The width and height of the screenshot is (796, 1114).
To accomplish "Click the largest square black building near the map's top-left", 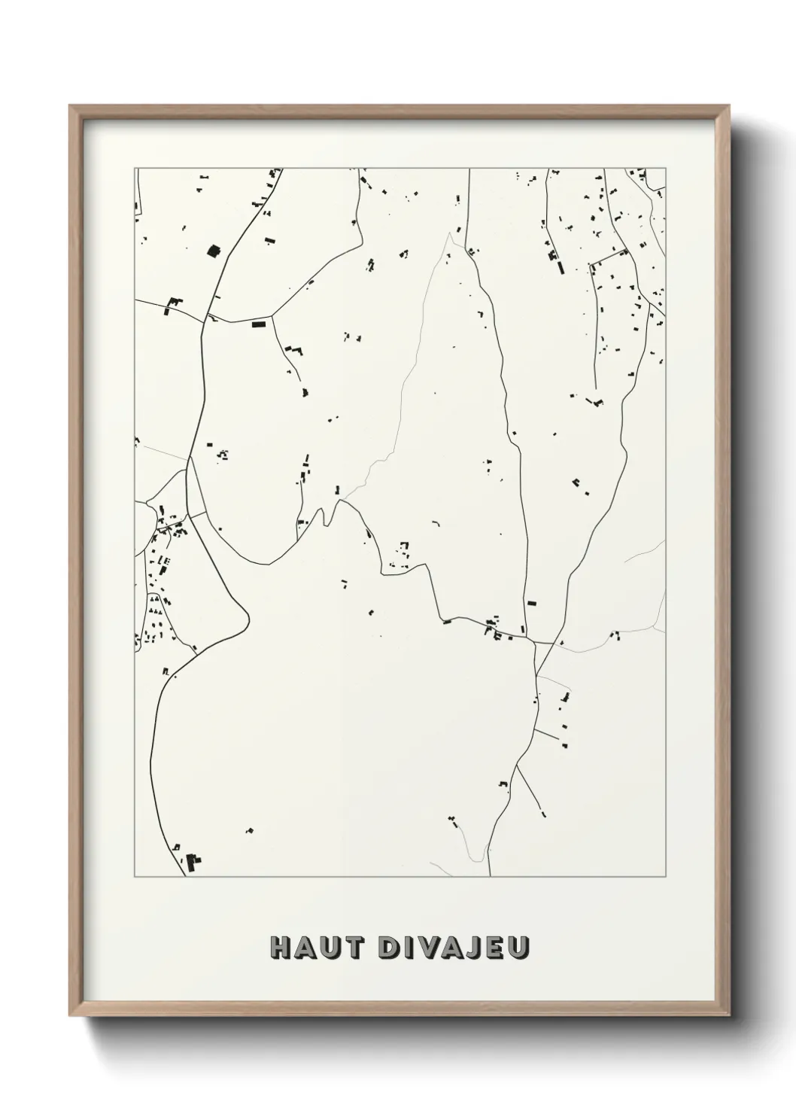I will tap(212, 251).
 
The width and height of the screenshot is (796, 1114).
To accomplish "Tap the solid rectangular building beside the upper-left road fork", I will tap(259, 324).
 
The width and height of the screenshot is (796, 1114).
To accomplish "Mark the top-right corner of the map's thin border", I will tap(665, 168).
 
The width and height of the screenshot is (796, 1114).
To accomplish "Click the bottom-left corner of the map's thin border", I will tap(135, 876).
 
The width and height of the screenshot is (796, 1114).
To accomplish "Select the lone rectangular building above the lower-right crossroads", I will tap(532, 602).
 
